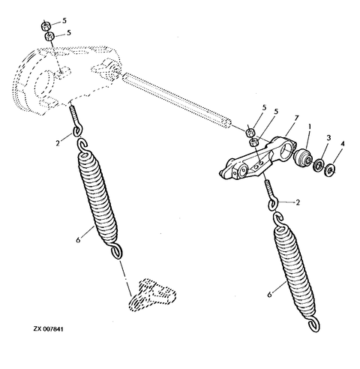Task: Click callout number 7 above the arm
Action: tap(277, 118)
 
